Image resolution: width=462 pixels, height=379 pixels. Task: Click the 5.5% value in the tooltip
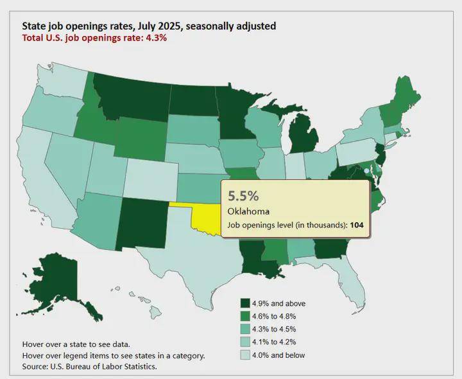(242, 196)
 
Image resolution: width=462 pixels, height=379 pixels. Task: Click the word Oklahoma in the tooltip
(248, 211)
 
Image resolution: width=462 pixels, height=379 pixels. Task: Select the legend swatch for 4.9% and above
(245, 303)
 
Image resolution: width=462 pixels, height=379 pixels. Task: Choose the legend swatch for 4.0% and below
(245, 355)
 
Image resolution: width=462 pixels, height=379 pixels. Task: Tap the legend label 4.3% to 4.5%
(275, 329)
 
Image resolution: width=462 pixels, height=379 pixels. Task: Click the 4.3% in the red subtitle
(157, 38)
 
